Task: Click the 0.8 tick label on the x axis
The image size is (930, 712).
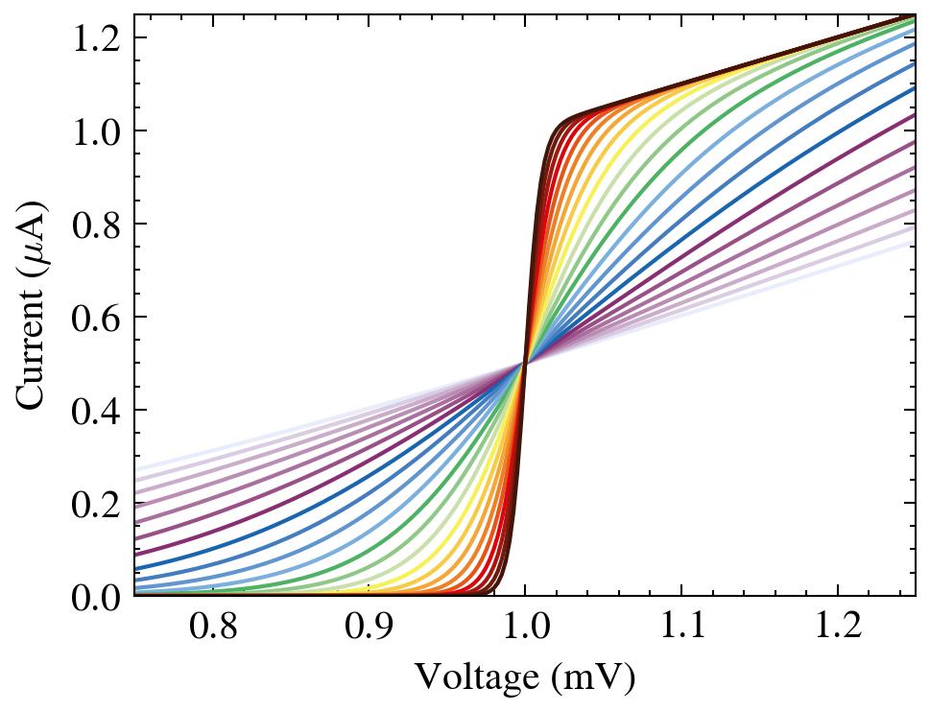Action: (x=212, y=629)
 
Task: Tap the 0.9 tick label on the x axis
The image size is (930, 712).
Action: (x=369, y=629)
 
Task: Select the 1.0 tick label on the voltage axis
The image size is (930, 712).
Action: (x=525, y=629)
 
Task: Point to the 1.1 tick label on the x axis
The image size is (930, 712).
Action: (x=681, y=629)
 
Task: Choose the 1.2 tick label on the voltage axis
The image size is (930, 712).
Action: (x=838, y=629)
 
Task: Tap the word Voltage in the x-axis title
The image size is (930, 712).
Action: (x=464, y=677)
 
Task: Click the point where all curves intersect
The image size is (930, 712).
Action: (x=525, y=363)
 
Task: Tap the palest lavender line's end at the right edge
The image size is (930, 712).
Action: (x=913, y=241)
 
